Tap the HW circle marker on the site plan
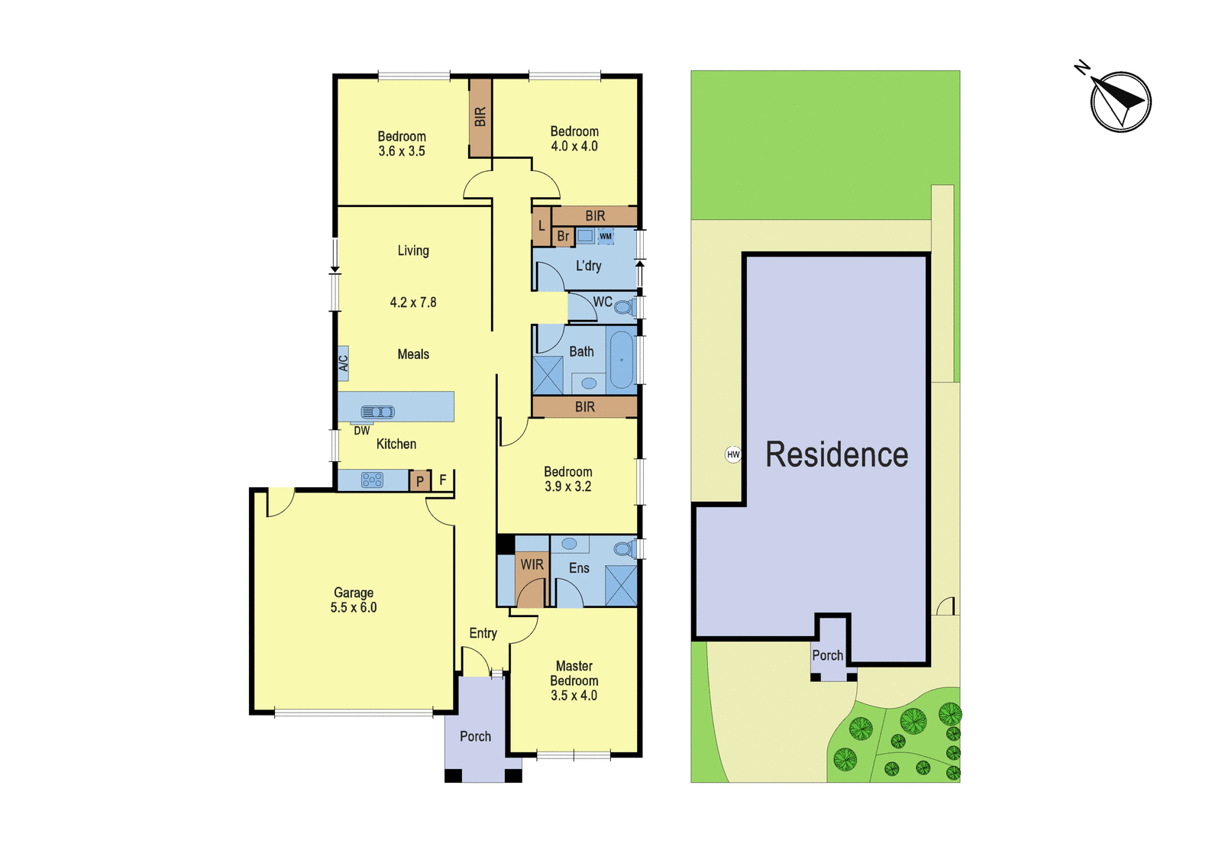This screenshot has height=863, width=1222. (x=732, y=454)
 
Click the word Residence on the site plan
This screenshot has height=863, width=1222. (x=837, y=454)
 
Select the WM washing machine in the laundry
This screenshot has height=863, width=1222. (x=606, y=236)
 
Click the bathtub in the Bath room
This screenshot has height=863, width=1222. (x=622, y=360)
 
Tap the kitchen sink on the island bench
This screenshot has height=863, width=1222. (x=377, y=412)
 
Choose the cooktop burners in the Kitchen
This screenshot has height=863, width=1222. (x=372, y=480)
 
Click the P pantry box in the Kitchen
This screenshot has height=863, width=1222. (x=420, y=481)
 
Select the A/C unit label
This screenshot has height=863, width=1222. (x=343, y=364)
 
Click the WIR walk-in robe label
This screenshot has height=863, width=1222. (x=532, y=564)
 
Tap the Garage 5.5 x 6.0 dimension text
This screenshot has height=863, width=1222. (x=354, y=600)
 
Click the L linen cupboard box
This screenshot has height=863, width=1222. (x=541, y=225)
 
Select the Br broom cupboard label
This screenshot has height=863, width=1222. (x=563, y=236)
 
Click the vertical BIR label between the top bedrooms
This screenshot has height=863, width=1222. (x=480, y=117)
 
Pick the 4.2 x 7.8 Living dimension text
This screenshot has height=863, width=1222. (x=413, y=302)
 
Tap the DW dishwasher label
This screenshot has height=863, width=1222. (x=362, y=431)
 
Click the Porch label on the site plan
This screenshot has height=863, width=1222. (x=828, y=656)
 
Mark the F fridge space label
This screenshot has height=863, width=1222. (x=443, y=480)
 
